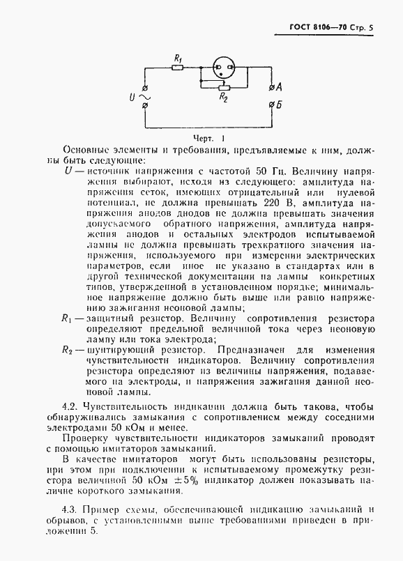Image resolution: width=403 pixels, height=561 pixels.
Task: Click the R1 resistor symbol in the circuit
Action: (177, 68)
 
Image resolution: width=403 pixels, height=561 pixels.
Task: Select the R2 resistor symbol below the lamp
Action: (223, 88)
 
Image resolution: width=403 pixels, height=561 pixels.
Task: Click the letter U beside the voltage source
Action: (132, 96)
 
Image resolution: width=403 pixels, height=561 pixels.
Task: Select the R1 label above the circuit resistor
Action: (178, 58)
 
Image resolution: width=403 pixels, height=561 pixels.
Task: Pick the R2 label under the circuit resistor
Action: (224, 99)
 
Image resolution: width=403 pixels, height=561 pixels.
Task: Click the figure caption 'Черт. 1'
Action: (208, 138)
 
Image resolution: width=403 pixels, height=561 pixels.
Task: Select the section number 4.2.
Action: (70, 406)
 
